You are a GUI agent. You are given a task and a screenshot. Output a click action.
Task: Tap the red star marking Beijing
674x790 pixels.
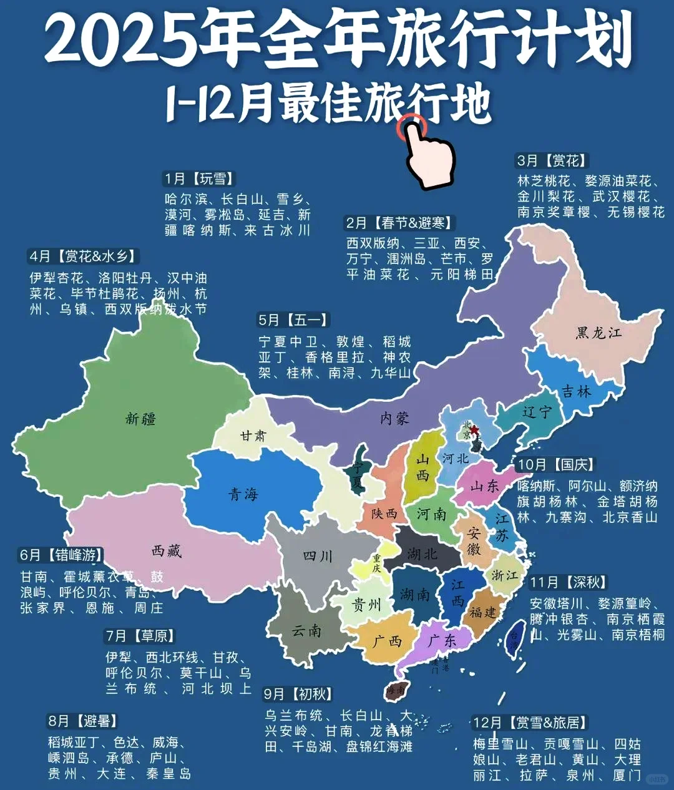click(474, 430)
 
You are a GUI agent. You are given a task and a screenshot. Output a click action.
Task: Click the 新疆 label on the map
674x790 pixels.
click(141, 419)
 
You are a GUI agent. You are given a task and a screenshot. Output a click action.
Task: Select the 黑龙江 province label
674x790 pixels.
click(598, 333)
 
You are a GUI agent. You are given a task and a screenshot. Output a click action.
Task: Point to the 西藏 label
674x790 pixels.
click(167, 550)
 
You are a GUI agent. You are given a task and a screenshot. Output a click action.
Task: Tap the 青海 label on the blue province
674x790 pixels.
click(243, 494)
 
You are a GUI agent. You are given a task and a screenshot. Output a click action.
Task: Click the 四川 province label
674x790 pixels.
click(318, 555)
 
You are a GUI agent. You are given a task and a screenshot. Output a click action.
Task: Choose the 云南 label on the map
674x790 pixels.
click(306, 631)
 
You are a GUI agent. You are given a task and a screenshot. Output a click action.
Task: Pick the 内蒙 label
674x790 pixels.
click(394, 419)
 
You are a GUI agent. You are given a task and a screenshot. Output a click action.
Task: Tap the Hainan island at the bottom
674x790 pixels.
click(396, 690)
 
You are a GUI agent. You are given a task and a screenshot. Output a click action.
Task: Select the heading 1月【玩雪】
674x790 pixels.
click(199, 179)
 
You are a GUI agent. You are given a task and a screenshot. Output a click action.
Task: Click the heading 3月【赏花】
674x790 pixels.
click(552, 160)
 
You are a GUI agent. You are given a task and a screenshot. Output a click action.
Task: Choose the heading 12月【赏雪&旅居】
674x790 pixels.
click(530, 723)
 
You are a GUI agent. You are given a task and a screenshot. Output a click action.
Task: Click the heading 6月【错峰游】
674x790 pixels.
click(61, 555)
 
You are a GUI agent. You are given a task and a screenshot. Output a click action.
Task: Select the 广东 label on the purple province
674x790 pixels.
click(442, 640)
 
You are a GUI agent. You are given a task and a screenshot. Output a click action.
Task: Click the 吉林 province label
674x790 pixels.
click(576, 391)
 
